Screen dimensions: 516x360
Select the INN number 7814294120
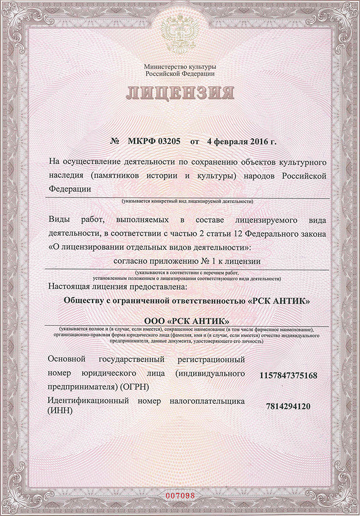pos(289,406)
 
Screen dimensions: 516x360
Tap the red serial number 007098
pos(180,495)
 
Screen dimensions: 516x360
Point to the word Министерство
pos(164,67)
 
